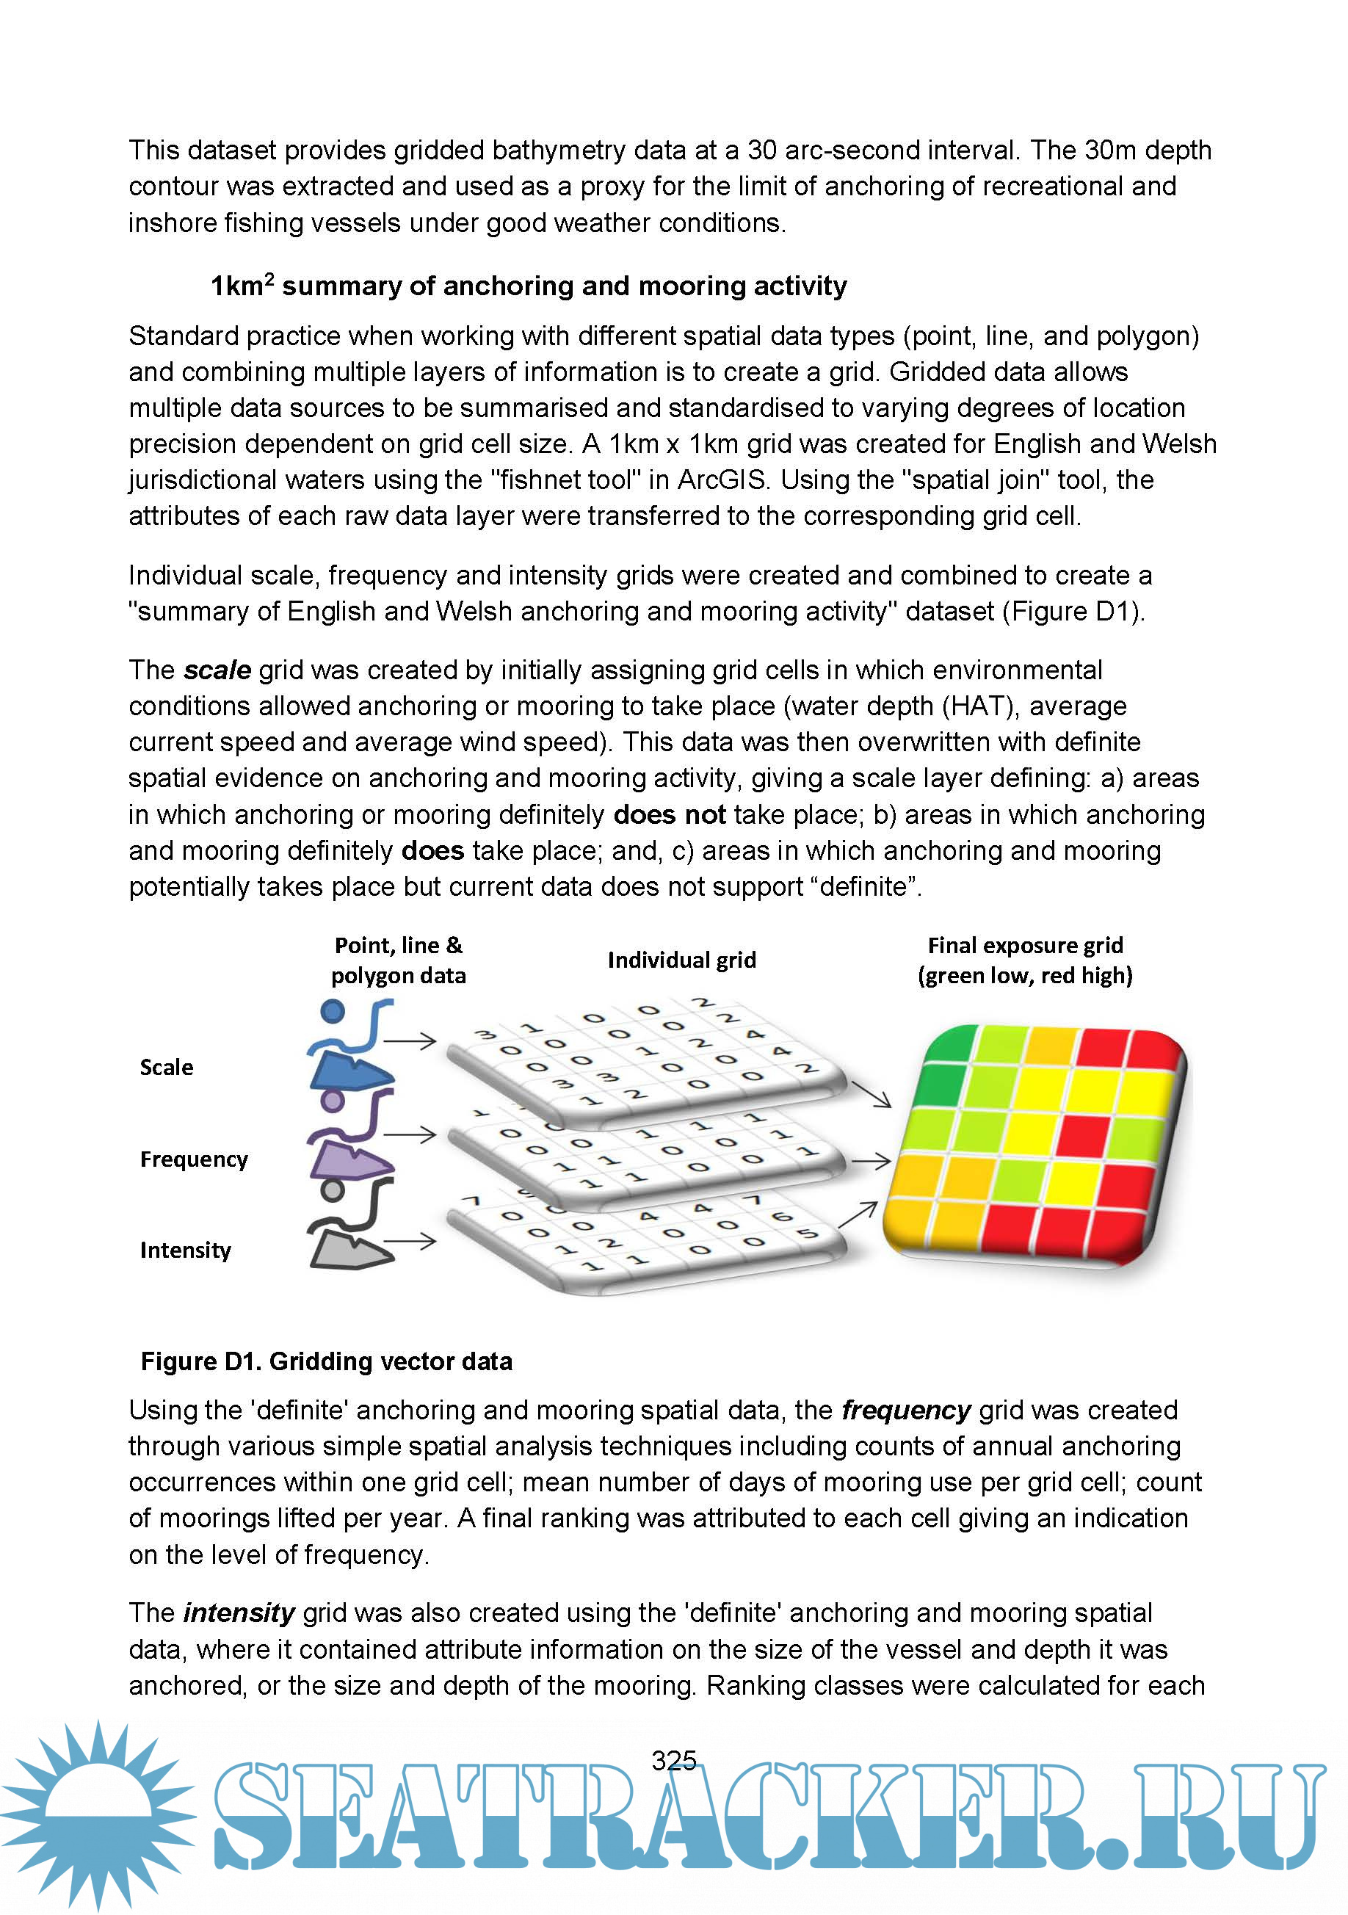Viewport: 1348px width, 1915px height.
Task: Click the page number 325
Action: click(673, 1761)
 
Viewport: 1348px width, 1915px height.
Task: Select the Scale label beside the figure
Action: click(166, 1068)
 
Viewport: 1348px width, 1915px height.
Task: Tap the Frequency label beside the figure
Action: click(194, 1159)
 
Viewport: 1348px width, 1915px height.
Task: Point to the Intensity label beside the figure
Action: click(185, 1250)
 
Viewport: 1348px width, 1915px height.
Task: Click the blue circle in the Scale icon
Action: click(333, 1012)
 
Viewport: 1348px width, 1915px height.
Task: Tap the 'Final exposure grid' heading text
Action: click(1025, 946)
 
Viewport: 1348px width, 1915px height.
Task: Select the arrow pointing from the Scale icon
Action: click(410, 1041)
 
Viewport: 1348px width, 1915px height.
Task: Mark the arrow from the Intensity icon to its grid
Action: click(410, 1241)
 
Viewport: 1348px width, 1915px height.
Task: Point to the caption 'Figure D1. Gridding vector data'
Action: click(326, 1361)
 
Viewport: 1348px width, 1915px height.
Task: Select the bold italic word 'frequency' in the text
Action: click(906, 1411)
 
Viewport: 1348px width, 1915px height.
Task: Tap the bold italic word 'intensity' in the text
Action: click(239, 1613)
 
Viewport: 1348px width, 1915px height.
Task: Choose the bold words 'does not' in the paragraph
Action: click(669, 815)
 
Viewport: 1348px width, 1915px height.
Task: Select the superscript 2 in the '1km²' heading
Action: click(269, 278)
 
